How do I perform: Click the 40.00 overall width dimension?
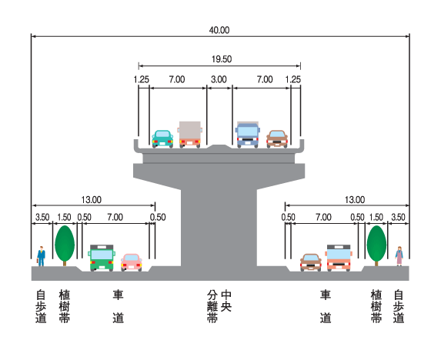[219, 30]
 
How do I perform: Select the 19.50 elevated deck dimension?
[222, 59]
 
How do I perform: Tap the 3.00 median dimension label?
[219, 79]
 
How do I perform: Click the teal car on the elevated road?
[162, 138]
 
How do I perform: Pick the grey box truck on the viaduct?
[190, 135]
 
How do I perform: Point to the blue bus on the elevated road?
[247, 135]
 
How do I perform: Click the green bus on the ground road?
[102, 258]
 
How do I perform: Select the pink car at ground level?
[132, 262]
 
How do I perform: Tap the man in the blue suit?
[41, 256]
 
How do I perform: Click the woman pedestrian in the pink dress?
[399, 256]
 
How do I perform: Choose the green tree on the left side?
[65, 245]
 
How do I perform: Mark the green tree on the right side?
[376, 245]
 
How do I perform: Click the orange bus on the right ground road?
[339, 258]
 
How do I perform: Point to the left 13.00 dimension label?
[92, 200]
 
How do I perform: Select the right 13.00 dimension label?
[355, 200]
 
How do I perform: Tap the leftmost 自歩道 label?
[41, 306]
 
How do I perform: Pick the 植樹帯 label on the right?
[376, 306]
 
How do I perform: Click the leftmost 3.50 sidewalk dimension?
[42, 218]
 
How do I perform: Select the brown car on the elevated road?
[277, 138]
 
